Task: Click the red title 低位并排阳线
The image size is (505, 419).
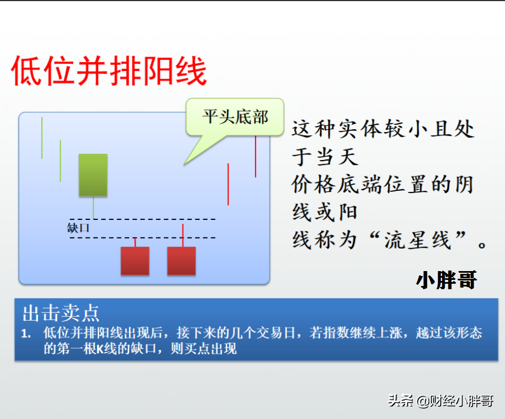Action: [109, 71]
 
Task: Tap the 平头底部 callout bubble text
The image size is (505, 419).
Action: [235, 117]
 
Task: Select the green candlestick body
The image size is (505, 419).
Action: [93, 175]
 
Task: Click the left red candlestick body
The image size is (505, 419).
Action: [135, 261]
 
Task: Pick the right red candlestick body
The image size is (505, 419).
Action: [181, 261]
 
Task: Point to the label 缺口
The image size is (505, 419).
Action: [78, 228]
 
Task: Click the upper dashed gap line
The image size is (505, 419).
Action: [143, 219]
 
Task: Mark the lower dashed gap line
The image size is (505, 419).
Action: [143, 238]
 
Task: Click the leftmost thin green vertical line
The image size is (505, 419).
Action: [42, 138]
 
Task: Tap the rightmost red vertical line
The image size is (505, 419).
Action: [256, 157]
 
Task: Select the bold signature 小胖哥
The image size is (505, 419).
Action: [446, 280]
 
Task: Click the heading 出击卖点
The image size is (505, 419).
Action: [61, 313]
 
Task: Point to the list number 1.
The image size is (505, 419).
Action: [26, 334]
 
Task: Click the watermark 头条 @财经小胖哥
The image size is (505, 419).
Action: [441, 401]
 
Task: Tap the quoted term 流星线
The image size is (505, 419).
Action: [418, 240]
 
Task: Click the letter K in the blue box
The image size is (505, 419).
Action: [100, 349]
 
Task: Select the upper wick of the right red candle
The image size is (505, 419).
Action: [183, 235]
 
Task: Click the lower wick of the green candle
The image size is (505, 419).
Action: [93, 207]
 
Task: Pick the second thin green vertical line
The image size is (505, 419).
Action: [60, 161]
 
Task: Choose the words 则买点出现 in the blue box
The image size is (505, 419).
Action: [203, 349]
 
